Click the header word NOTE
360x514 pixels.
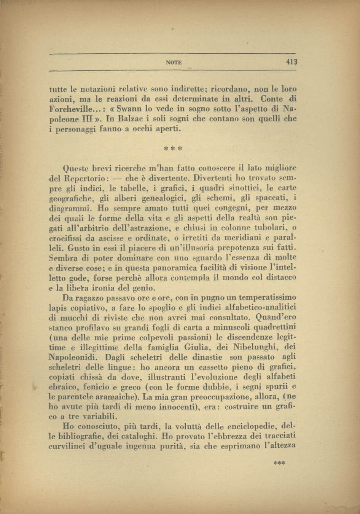[x=174, y=62]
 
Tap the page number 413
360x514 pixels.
[x=291, y=62]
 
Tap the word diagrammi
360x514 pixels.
[x=71, y=208]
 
